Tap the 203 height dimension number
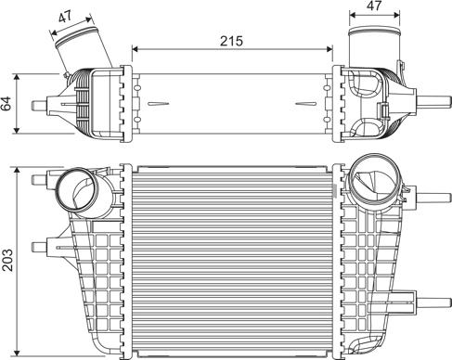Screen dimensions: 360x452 click(9, 262)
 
